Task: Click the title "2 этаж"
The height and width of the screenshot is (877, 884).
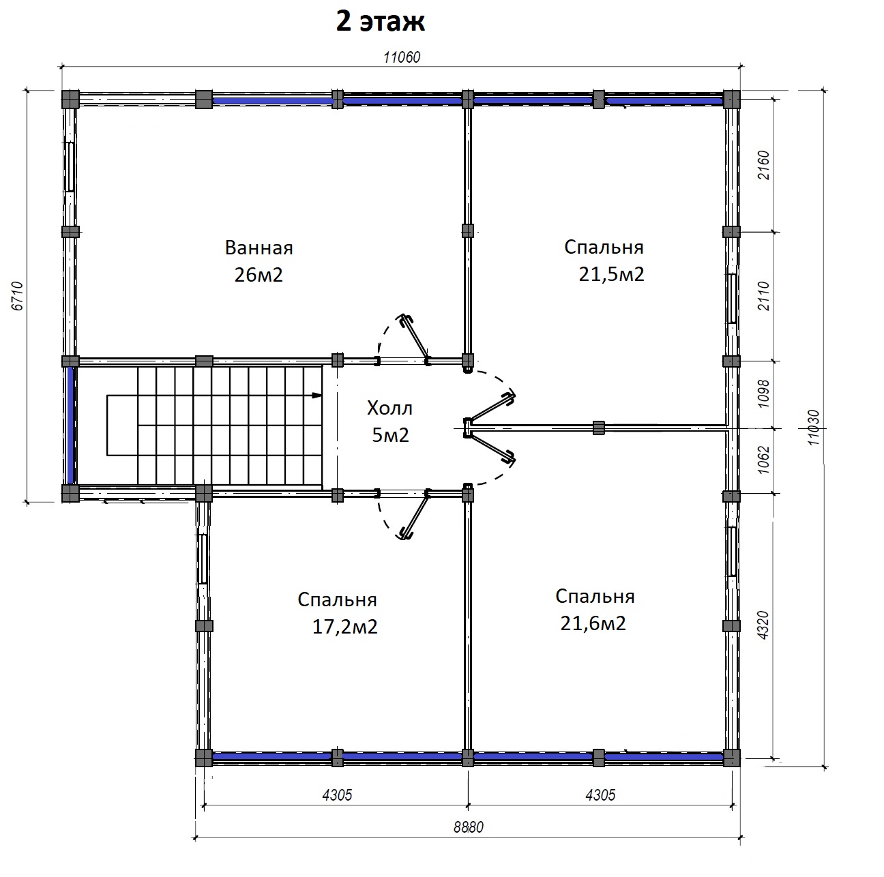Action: coord(381,22)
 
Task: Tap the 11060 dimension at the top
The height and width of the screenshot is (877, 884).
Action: coord(402,57)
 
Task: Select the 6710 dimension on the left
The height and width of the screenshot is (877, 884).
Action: coord(17,296)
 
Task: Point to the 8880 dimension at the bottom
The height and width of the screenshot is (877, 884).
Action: coord(469,827)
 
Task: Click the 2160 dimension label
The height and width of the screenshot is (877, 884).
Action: coord(763,165)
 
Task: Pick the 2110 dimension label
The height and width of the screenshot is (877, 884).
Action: coord(763,296)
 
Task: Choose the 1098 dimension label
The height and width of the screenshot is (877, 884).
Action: coord(763,393)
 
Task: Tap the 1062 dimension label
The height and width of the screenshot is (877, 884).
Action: coord(763,460)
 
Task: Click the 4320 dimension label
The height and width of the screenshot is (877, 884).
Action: coord(763,625)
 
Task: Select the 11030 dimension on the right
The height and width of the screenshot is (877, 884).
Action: coord(813,427)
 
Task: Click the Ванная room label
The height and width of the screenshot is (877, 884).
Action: coord(259,248)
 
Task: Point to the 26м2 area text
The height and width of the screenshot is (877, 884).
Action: coord(259,275)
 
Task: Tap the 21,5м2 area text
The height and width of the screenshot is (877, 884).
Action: coord(612,274)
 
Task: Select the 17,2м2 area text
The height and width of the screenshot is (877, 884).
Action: coord(345,627)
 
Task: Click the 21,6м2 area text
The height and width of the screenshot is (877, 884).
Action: coord(593,623)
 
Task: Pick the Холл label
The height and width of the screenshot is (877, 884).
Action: coord(389,408)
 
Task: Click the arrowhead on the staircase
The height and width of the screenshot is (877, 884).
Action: coord(316,395)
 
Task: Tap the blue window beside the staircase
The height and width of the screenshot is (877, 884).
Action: coord(70,425)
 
